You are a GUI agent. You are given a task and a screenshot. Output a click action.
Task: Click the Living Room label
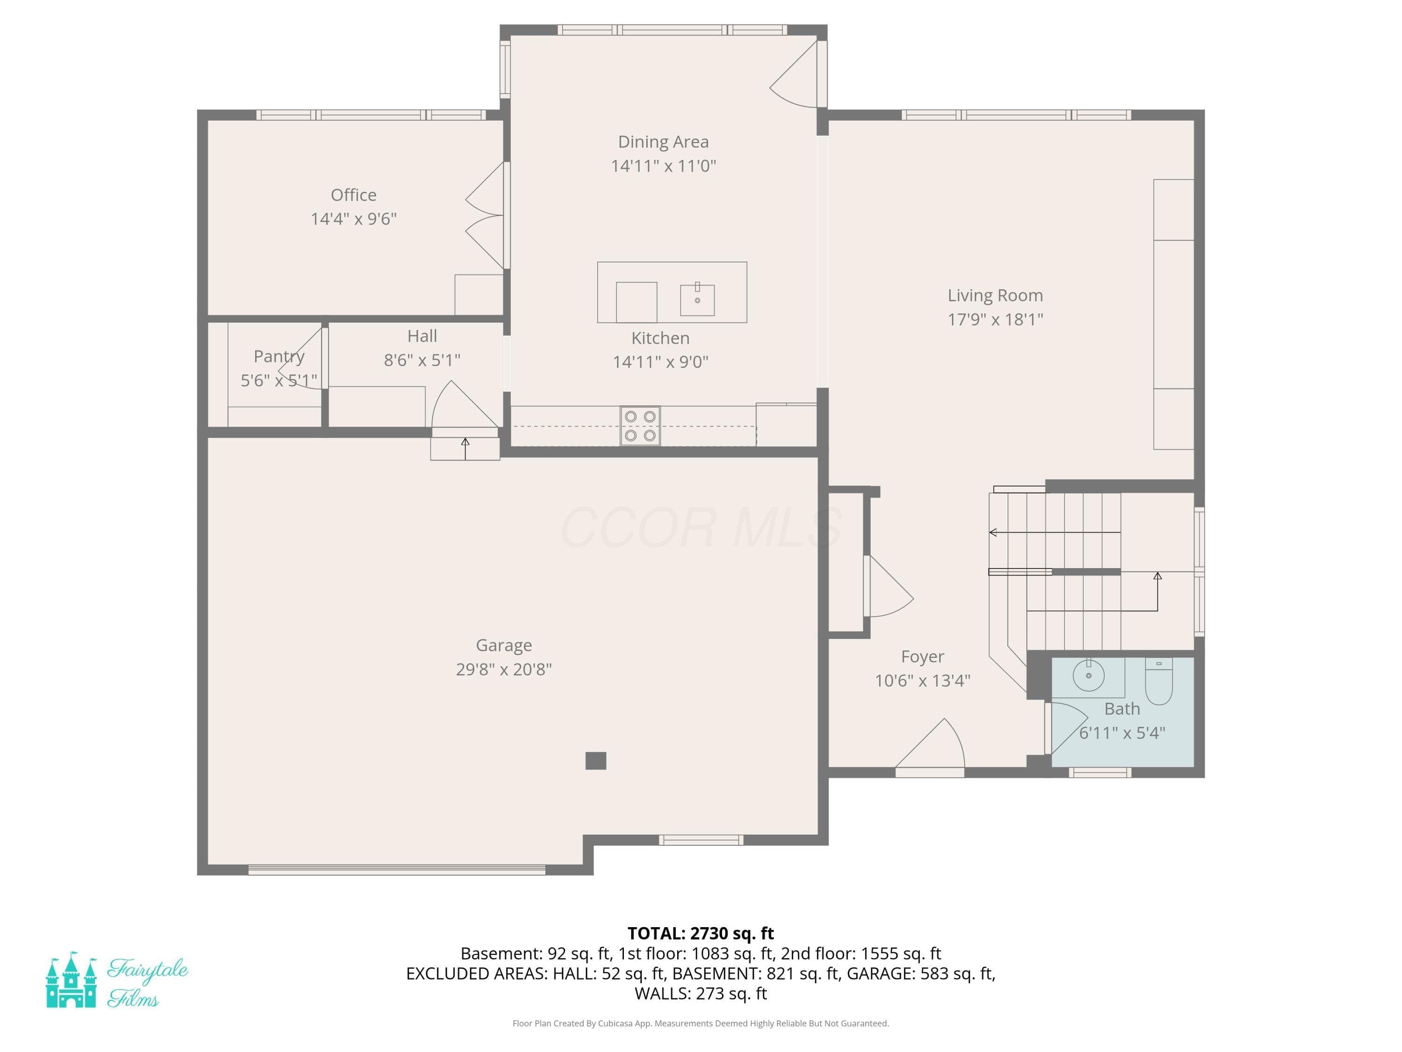point(995,295)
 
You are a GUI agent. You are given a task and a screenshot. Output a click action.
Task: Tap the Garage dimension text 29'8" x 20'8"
point(504,669)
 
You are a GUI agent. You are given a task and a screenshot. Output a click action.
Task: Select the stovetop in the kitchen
point(640,425)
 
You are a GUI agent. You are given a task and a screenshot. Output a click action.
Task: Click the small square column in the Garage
point(596,760)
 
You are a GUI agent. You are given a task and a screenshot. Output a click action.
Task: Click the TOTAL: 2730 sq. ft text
point(701,933)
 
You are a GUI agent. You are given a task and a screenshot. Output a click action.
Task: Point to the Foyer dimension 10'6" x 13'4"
point(923,680)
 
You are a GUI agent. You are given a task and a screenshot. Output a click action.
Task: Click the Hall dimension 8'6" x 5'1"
point(422,360)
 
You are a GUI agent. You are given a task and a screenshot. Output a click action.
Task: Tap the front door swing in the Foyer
point(930,746)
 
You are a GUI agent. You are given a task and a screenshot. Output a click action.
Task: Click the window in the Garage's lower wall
point(701,840)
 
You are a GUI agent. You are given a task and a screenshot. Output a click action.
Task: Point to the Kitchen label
point(660,338)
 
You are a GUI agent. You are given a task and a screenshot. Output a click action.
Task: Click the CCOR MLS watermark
point(701,527)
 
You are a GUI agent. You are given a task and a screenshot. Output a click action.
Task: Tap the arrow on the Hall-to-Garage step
point(465,448)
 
